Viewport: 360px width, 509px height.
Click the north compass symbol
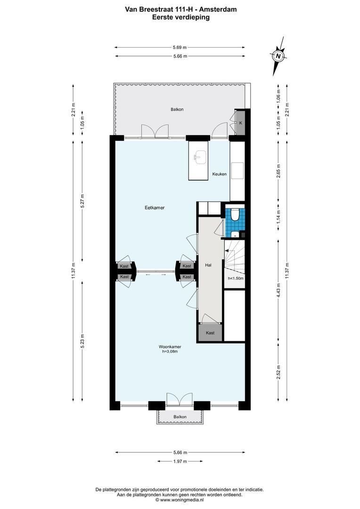(278, 56)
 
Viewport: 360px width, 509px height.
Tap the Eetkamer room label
(155, 208)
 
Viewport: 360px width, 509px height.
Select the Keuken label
(220, 174)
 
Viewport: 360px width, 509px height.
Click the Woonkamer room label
(170, 347)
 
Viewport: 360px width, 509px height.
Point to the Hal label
(208, 265)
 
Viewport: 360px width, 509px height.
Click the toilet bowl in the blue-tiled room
(234, 213)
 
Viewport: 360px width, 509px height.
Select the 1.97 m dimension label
(180, 461)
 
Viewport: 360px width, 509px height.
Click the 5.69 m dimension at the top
(180, 48)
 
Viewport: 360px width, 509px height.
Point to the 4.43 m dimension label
(278, 295)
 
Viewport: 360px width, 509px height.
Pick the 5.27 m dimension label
(82, 201)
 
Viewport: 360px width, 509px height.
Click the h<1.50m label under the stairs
(236, 278)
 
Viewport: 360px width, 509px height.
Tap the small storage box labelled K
(240, 123)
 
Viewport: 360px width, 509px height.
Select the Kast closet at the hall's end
(210, 333)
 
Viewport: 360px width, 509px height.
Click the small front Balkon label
(180, 417)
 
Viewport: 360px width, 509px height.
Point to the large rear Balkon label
(177, 109)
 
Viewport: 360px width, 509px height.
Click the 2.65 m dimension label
(278, 172)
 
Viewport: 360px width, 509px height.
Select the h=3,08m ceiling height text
(170, 351)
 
